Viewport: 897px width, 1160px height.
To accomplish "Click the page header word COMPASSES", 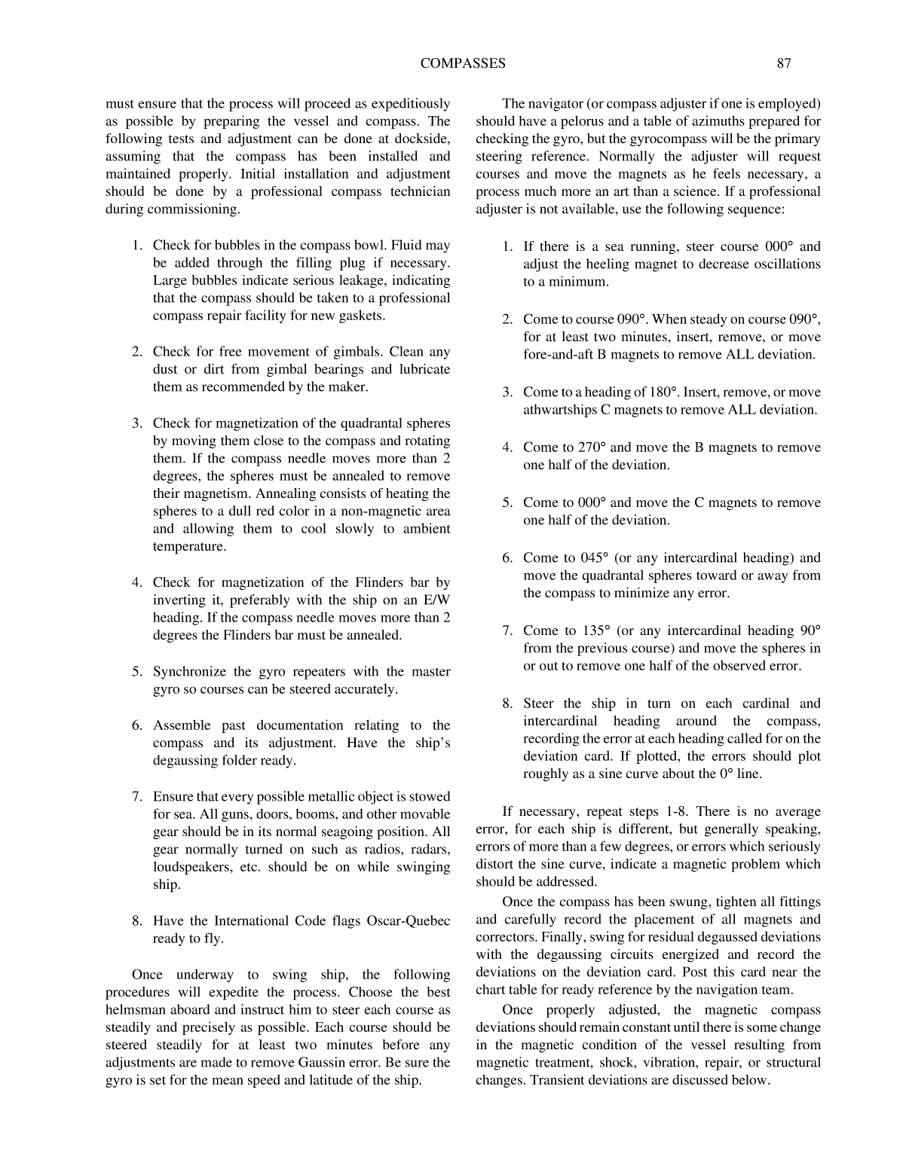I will [462, 64].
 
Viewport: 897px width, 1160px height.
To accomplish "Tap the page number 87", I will [784, 64].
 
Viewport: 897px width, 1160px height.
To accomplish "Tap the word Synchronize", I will [188, 672].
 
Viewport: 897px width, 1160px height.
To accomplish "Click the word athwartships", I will [559, 411].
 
